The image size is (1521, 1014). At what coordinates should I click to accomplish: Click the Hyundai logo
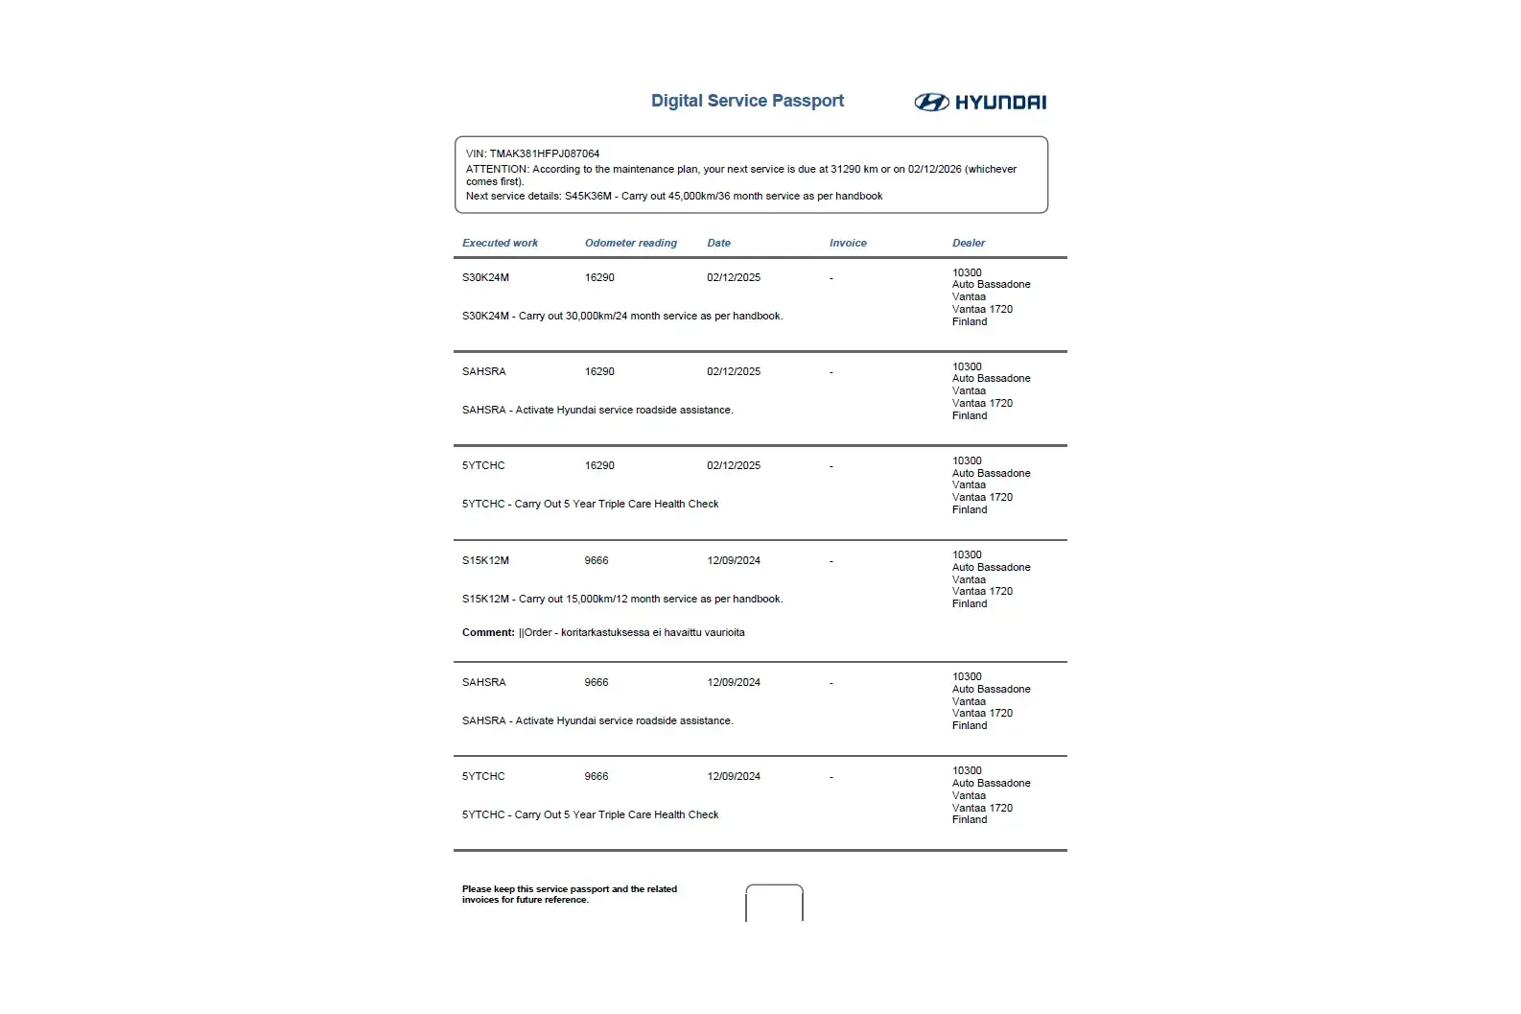pos(979,103)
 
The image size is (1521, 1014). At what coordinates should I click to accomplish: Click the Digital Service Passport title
pos(747,101)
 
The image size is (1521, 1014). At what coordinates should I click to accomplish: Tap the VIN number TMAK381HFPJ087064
pos(544,153)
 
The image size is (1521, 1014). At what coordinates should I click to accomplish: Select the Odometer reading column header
pos(630,244)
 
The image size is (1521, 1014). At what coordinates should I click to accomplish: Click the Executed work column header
pos(500,244)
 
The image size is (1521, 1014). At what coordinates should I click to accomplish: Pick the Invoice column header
pos(848,244)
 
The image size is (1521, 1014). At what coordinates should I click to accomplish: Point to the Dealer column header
pos(968,244)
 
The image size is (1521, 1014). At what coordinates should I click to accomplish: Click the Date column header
pos(718,244)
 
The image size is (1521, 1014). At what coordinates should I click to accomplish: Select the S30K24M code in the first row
pos(485,278)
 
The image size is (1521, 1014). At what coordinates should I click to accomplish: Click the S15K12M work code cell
pos(485,561)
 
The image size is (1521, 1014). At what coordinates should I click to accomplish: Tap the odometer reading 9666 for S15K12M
pos(596,561)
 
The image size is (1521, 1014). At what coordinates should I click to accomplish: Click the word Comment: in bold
pos(488,633)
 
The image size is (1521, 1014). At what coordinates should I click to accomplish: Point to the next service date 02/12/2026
pos(934,170)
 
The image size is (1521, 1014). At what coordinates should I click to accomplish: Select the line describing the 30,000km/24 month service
pos(621,317)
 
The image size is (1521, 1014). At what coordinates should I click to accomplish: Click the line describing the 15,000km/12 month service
pos(621,600)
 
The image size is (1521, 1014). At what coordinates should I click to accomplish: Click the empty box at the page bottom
pos(774,904)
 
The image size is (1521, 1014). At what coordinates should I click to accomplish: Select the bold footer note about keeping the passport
pos(569,894)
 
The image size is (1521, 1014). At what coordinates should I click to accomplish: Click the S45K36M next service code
pos(587,197)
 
